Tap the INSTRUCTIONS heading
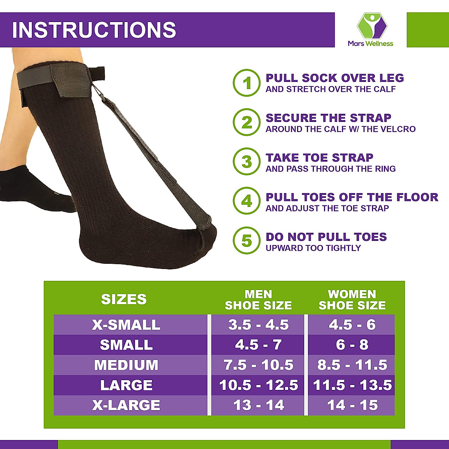[94, 30]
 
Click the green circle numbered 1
[247, 83]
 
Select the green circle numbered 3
[247, 162]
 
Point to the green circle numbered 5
[247, 241]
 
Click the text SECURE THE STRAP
[328, 118]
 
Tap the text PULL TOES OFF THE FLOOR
[352, 197]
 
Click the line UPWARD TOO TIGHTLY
[313, 248]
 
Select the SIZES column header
[124, 299]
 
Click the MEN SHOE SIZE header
[258, 300]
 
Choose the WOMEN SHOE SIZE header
[352, 300]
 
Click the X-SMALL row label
[126, 325]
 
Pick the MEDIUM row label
[126, 365]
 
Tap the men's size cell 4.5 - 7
[258, 345]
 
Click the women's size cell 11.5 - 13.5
[352, 385]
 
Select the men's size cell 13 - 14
[259, 405]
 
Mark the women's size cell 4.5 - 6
[352, 325]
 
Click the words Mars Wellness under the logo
[370, 43]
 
